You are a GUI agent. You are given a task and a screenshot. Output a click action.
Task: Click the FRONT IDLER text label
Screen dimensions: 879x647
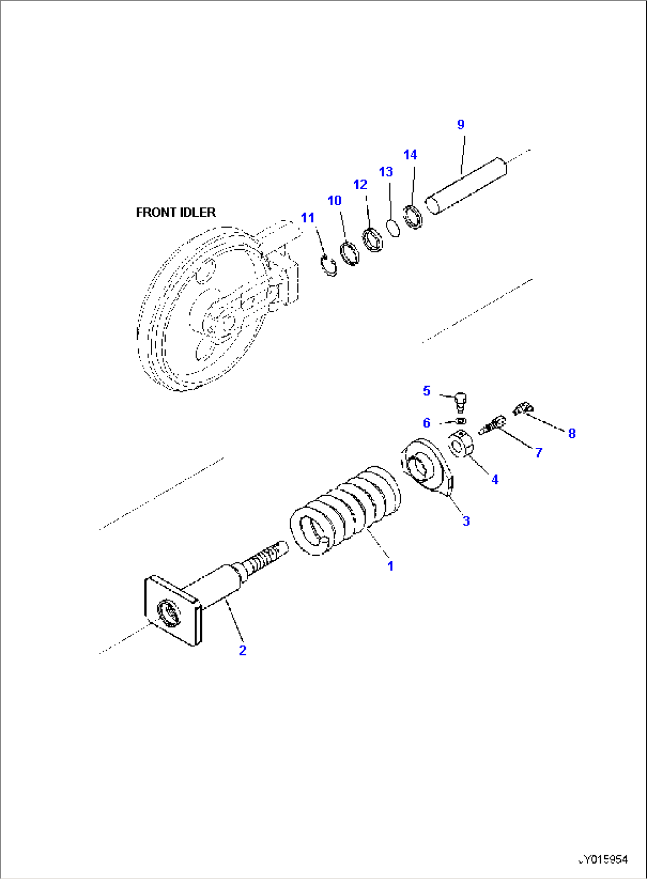coord(176,212)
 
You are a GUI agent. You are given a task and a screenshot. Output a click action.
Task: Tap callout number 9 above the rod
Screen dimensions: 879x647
coord(461,125)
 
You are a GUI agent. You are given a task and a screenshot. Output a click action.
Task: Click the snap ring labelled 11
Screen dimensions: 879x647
coord(328,265)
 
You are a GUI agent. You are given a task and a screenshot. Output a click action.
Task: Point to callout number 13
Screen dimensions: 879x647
coord(386,172)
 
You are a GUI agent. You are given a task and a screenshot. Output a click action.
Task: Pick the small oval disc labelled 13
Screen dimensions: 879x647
coord(393,227)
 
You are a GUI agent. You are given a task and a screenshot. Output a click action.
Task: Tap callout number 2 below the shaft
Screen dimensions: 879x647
coord(242,651)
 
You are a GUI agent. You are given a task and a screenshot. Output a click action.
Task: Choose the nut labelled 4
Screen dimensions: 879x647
coord(460,444)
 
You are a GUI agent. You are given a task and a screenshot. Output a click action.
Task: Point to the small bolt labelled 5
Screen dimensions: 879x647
coord(461,403)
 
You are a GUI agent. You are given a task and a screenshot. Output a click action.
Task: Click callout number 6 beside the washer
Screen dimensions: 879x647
coord(426,423)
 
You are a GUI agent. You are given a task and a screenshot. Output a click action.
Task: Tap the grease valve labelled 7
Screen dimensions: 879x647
coord(491,425)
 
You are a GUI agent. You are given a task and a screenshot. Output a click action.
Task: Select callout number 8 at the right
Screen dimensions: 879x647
coord(572,434)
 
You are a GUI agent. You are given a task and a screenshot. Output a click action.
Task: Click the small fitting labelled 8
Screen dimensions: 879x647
coord(522,408)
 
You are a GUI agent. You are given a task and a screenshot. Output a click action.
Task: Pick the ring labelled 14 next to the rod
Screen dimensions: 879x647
coord(413,217)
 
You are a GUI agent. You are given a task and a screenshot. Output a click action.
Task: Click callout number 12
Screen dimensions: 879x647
coord(360,185)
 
